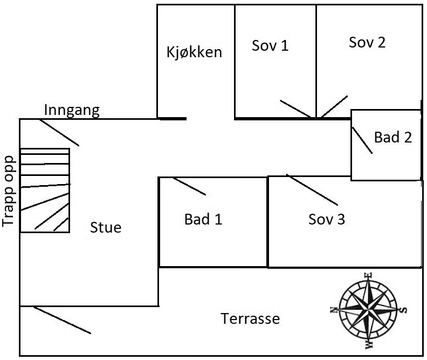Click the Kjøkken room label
[194, 53]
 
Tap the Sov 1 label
[270, 46]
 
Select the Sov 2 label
[367, 43]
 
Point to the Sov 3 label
[327, 220]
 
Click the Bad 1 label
[203, 220]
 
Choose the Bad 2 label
[393, 138]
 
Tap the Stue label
[106, 228]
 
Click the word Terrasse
[251, 319]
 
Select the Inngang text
[72, 111]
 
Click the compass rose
[370, 310]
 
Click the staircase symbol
[45, 191]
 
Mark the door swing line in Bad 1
[189, 186]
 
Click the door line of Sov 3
[312, 189]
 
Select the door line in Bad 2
[362, 141]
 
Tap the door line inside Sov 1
[295, 108]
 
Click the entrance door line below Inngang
[59, 133]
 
